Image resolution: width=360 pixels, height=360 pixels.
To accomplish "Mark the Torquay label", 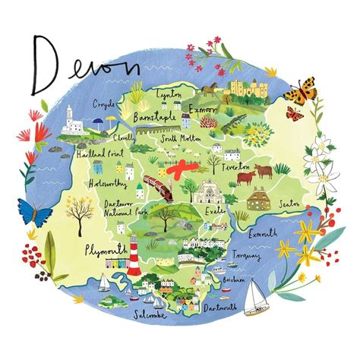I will click(x=248, y=257).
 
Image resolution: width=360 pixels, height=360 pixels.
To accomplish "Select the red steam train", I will click(x=159, y=187).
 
